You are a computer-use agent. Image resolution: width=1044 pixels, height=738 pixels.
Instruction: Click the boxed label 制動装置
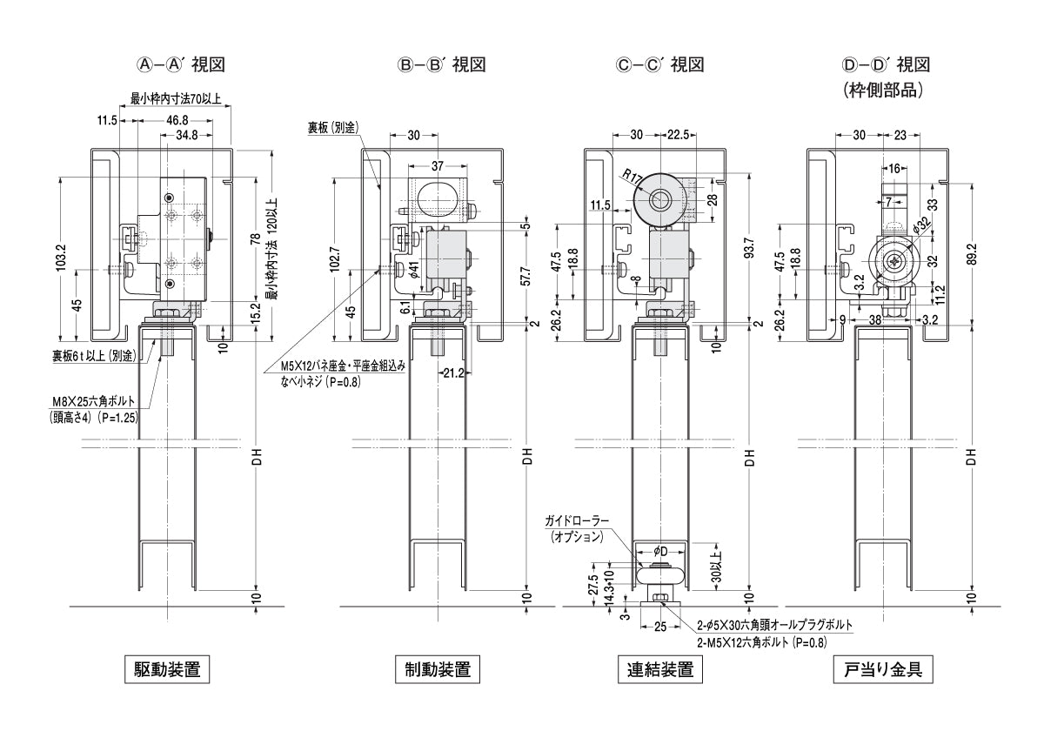[438, 670]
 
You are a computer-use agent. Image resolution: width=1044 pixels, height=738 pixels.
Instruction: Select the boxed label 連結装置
[660, 670]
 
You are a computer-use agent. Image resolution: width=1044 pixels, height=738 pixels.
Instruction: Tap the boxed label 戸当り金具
[883, 670]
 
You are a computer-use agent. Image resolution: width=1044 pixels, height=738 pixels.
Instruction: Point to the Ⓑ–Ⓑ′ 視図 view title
[441, 64]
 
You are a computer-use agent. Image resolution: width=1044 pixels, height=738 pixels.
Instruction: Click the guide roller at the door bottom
[660, 578]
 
